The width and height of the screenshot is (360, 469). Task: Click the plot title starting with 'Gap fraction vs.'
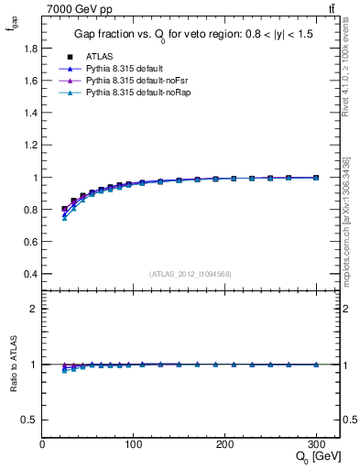point(191,35)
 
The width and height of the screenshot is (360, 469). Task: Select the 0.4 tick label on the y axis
point(29,274)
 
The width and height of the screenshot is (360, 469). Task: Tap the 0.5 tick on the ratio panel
point(29,420)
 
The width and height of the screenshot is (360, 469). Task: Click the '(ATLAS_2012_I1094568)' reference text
point(190,274)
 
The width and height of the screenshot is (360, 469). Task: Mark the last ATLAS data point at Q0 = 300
point(316,178)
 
